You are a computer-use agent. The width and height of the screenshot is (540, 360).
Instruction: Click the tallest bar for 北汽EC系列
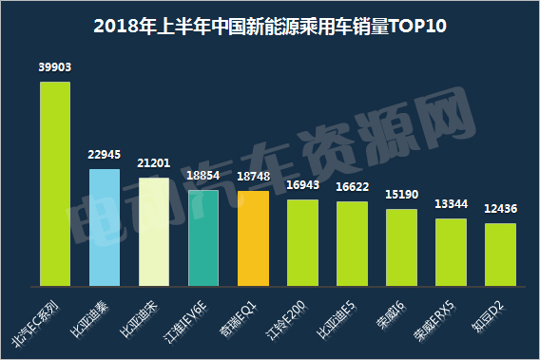[x=54, y=183]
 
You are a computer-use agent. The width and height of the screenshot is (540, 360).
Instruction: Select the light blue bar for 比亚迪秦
[x=104, y=227]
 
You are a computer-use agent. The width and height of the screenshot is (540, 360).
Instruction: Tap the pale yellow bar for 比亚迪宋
[x=153, y=232]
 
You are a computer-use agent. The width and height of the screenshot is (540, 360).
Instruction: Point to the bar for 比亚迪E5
[x=352, y=243]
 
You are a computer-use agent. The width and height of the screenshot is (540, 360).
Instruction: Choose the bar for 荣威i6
[x=401, y=247]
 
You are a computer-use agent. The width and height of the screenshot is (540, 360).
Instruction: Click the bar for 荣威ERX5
[x=451, y=252]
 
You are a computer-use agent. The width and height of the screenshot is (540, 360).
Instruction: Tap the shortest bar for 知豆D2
[x=500, y=254]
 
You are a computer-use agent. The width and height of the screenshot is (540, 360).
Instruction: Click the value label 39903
[x=54, y=67]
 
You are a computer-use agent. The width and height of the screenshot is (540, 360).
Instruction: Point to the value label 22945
[x=104, y=155]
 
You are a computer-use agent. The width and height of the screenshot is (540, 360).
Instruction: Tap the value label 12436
[x=500, y=209]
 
